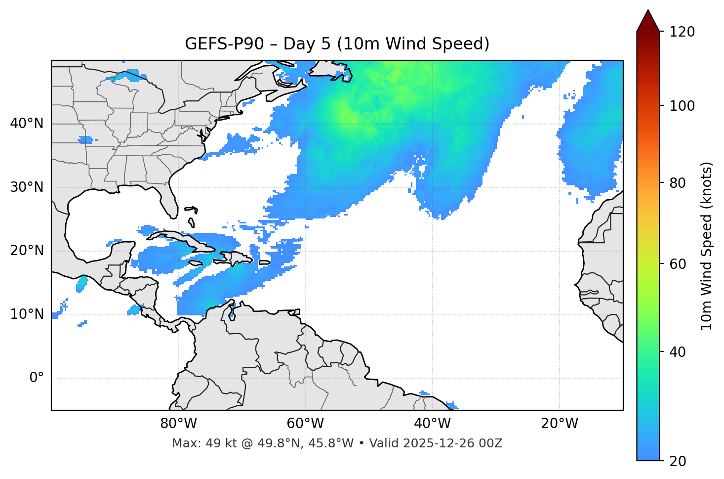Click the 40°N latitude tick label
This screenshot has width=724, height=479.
[27, 124]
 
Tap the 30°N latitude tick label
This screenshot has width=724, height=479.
[27, 187]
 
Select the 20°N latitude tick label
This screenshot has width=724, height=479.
[27, 251]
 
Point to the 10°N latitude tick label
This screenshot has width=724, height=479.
[27, 314]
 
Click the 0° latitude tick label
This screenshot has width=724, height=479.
[36, 378]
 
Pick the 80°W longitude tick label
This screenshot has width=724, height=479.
[178, 424]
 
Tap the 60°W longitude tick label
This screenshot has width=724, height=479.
[305, 424]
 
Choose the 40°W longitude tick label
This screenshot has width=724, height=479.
[433, 424]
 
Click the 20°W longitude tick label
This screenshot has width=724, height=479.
[560, 424]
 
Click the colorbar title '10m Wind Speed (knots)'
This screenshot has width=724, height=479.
[707, 246]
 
